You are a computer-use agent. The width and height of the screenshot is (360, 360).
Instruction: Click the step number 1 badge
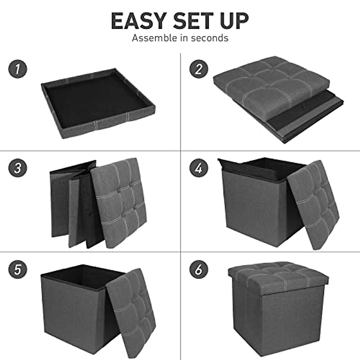tap(18, 69)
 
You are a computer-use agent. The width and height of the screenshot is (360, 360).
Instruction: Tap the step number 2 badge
tap(199, 69)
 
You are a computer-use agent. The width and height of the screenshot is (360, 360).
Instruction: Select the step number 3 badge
tap(18, 168)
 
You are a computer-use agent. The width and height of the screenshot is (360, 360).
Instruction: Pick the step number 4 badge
tap(199, 168)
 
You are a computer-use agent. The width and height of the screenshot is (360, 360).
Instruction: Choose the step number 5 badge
tap(18, 269)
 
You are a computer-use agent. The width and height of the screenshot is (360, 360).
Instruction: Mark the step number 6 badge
tap(199, 269)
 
